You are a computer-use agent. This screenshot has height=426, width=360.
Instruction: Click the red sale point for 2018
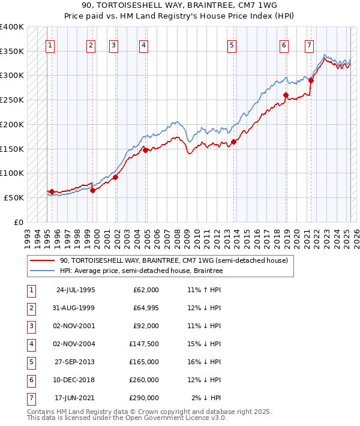(286, 95)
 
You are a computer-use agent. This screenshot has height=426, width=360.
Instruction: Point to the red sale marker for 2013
(233, 142)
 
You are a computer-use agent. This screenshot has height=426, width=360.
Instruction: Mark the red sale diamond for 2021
(311, 80)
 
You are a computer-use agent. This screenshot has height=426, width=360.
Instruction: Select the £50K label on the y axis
(14, 197)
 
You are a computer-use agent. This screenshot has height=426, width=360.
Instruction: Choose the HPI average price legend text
(141, 271)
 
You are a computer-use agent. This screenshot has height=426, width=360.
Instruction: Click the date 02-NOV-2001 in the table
(75, 326)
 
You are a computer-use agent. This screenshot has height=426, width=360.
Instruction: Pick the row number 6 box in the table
(31, 380)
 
